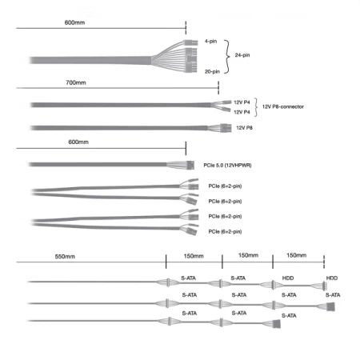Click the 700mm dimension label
(x=76, y=82)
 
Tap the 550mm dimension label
(x=65, y=257)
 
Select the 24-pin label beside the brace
(x=242, y=55)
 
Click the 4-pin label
(x=210, y=41)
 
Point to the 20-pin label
(x=212, y=71)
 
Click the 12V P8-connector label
(x=283, y=106)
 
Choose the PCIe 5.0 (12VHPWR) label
(x=227, y=166)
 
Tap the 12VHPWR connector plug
(x=190, y=165)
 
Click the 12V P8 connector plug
(x=226, y=128)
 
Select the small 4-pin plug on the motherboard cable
(x=190, y=42)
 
